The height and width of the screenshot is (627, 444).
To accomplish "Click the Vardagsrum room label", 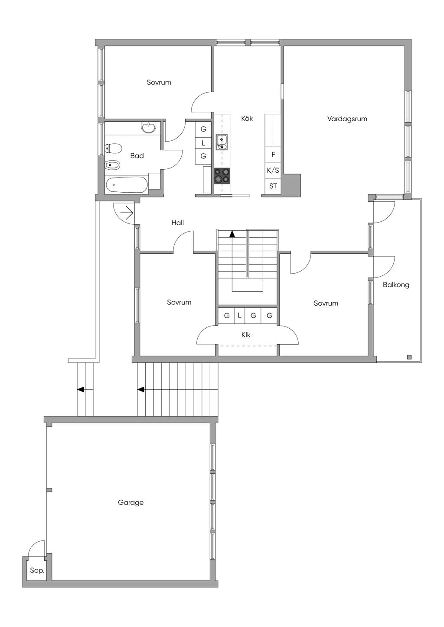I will pos(347,119).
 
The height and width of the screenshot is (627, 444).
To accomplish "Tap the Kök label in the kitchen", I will pos(247,118).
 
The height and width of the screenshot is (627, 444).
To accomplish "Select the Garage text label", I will pos(131,502).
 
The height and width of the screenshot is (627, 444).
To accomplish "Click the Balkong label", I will pos(396,285).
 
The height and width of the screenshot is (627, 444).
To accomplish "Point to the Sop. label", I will pos(37,571).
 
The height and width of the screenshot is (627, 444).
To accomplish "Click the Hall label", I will pos(177,223).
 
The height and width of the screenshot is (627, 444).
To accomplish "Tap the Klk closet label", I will pos(246,335).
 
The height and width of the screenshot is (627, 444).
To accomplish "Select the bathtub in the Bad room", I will pos(126,185).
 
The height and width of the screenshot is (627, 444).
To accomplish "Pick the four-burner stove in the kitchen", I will pos(222,176).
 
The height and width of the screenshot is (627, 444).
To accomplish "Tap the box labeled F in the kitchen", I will pos(273,154).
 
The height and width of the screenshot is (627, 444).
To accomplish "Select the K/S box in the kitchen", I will pos(273,170).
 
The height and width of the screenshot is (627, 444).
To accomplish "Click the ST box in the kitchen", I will pos(273,186).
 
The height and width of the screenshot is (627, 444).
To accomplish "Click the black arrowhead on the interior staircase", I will pos(232,234).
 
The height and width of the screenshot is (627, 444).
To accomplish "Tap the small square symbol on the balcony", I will pos(409,357).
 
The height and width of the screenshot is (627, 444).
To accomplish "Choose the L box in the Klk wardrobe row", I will pos(239,316).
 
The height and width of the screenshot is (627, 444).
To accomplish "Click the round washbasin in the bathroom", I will pos(149,128).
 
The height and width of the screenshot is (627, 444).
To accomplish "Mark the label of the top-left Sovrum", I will pos(159,82).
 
